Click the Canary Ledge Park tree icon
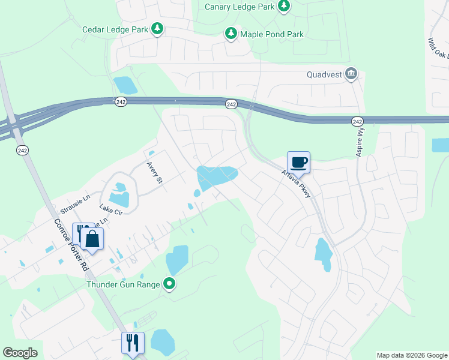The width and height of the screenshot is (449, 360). pyautogui.click(x=284, y=7)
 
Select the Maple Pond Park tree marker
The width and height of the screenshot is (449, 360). pyautogui.click(x=231, y=34)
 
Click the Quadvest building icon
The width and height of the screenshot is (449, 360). pyautogui.click(x=351, y=74)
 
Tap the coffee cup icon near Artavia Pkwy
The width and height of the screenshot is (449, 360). pyautogui.click(x=298, y=162)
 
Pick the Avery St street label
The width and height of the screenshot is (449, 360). pyautogui.click(x=155, y=173)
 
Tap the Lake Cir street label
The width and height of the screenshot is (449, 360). pyautogui.click(x=110, y=210)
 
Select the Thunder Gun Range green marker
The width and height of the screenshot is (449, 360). pyautogui.click(x=170, y=284)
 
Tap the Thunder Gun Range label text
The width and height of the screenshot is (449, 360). pyautogui.click(x=123, y=284)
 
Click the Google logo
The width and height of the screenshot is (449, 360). pyautogui.click(x=20, y=353)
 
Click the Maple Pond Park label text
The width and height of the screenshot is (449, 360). pyautogui.click(x=272, y=34)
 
